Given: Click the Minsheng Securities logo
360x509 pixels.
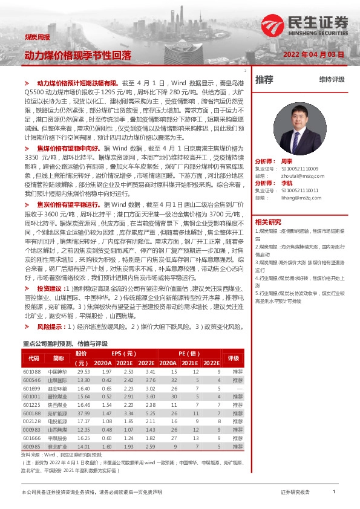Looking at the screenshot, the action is (305, 25).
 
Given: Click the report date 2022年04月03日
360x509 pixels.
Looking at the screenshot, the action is (313, 54).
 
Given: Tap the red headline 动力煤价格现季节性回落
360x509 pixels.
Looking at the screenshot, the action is (77, 55).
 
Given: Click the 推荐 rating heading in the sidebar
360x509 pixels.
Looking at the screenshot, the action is (264, 79).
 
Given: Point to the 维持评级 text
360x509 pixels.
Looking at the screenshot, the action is (332, 80).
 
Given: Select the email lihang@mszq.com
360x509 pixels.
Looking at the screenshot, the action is (295, 197).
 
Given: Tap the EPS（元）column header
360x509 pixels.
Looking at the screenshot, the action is (123, 353).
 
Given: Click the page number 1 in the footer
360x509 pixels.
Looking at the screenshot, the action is (334, 493).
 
